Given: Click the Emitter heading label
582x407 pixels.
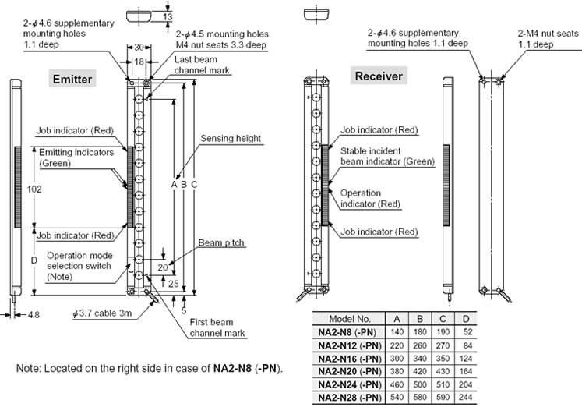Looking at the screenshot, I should (72, 79).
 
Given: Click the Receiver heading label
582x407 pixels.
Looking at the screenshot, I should (379, 76).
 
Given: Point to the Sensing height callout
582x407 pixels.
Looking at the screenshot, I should (231, 138).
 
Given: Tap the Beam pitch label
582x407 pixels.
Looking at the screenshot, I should (221, 242).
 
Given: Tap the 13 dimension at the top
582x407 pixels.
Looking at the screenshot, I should (168, 16).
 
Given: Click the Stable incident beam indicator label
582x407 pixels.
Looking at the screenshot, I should (386, 156).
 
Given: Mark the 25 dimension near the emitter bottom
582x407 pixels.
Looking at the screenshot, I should (173, 281).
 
